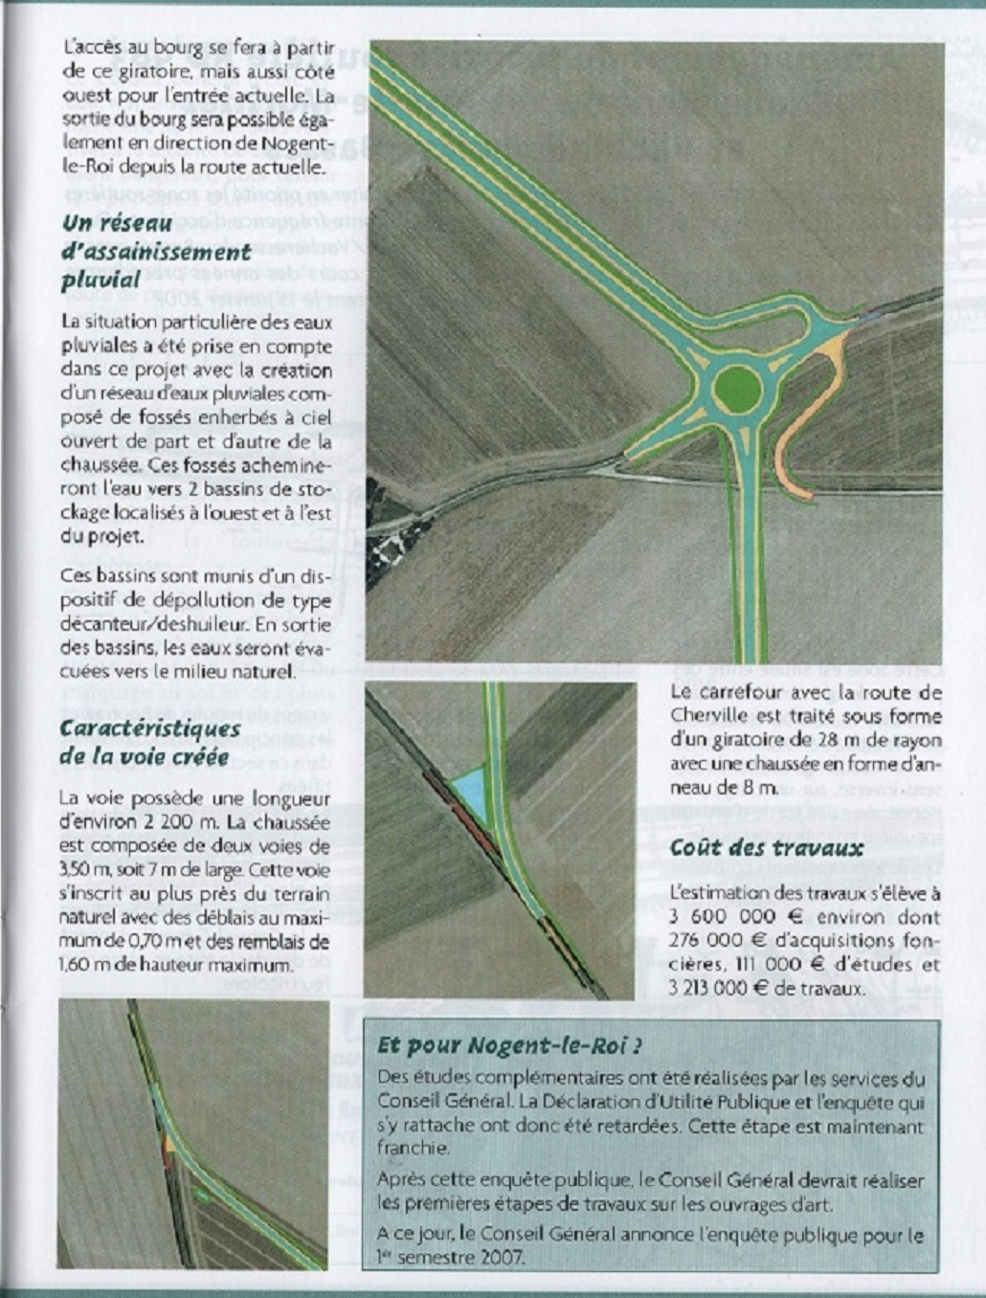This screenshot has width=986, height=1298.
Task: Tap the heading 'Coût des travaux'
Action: pos(766,848)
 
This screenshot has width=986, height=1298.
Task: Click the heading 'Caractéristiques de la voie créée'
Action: pos(149,742)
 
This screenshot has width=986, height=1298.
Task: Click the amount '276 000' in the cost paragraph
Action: pos(706,941)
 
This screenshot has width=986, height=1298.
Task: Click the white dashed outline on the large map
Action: pos(392,549)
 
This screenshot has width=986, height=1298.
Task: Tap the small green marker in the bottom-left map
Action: pos(201,1194)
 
